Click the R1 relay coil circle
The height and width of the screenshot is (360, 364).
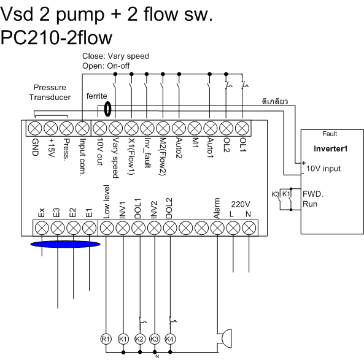(x=106, y=339)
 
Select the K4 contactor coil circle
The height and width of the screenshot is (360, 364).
(x=170, y=339)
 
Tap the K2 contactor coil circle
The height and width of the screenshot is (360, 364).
(x=140, y=339)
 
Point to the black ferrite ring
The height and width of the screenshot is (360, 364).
(x=107, y=109)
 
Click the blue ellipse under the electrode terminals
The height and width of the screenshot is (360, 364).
(x=66, y=244)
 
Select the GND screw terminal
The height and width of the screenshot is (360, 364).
(x=34, y=128)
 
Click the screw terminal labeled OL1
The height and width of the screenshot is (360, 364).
(x=242, y=128)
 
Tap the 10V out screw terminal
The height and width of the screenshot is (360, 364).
(x=100, y=128)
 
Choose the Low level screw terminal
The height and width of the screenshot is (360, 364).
(x=107, y=228)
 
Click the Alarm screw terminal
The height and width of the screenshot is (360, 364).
(x=217, y=228)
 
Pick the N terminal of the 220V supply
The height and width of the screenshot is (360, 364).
(x=249, y=228)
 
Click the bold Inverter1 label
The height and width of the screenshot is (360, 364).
(x=331, y=148)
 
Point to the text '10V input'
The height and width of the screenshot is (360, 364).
(x=323, y=169)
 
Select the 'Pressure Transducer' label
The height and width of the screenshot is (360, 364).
(x=50, y=93)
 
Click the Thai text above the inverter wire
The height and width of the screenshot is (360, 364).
(x=275, y=101)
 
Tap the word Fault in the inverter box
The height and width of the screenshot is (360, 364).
(x=330, y=134)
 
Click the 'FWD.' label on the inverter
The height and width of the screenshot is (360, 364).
(x=313, y=194)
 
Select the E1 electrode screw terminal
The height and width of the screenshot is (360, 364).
(x=90, y=228)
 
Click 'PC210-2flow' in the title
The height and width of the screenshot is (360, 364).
(x=56, y=37)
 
